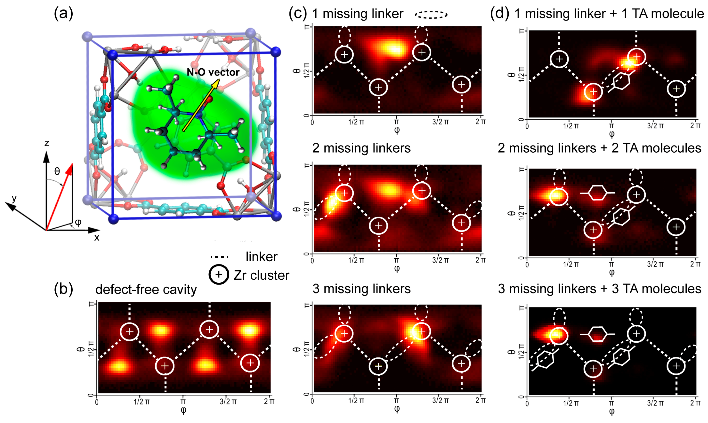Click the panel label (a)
[x=63, y=13]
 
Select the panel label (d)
[x=500, y=13]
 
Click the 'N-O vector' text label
[x=213, y=72]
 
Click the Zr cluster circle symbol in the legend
[x=219, y=275]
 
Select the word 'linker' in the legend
[x=262, y=257]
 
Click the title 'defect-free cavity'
[x=146, y=290]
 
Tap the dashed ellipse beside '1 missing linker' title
[x=431, y=15]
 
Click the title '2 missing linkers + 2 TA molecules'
[x=599, y=148]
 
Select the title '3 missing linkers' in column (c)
[x=361, y=289]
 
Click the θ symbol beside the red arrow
[x=57, y=171]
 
